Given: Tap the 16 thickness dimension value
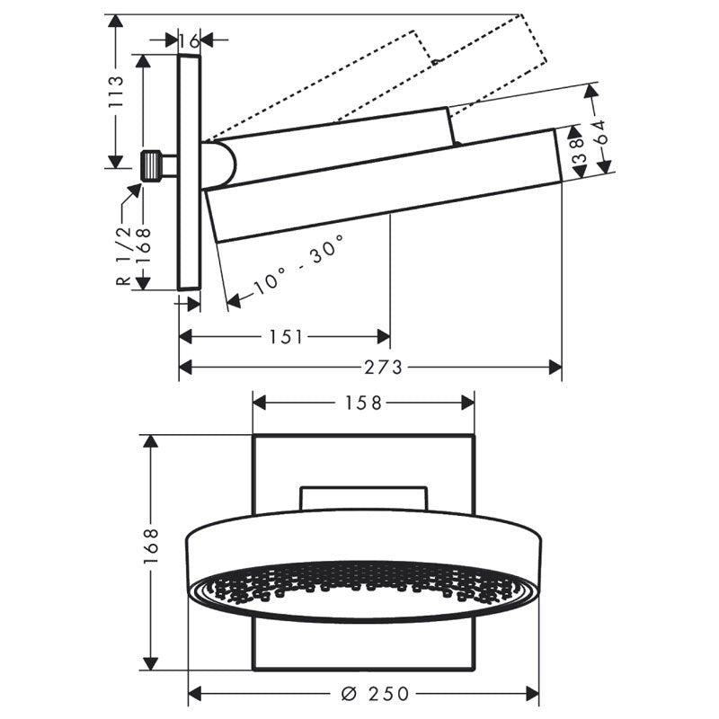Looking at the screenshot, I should (x=189, y=40).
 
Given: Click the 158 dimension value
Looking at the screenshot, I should (x=364, y=403).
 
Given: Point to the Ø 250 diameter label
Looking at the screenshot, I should (x=377, y=694).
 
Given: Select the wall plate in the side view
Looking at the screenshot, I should (x=189, y=171).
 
